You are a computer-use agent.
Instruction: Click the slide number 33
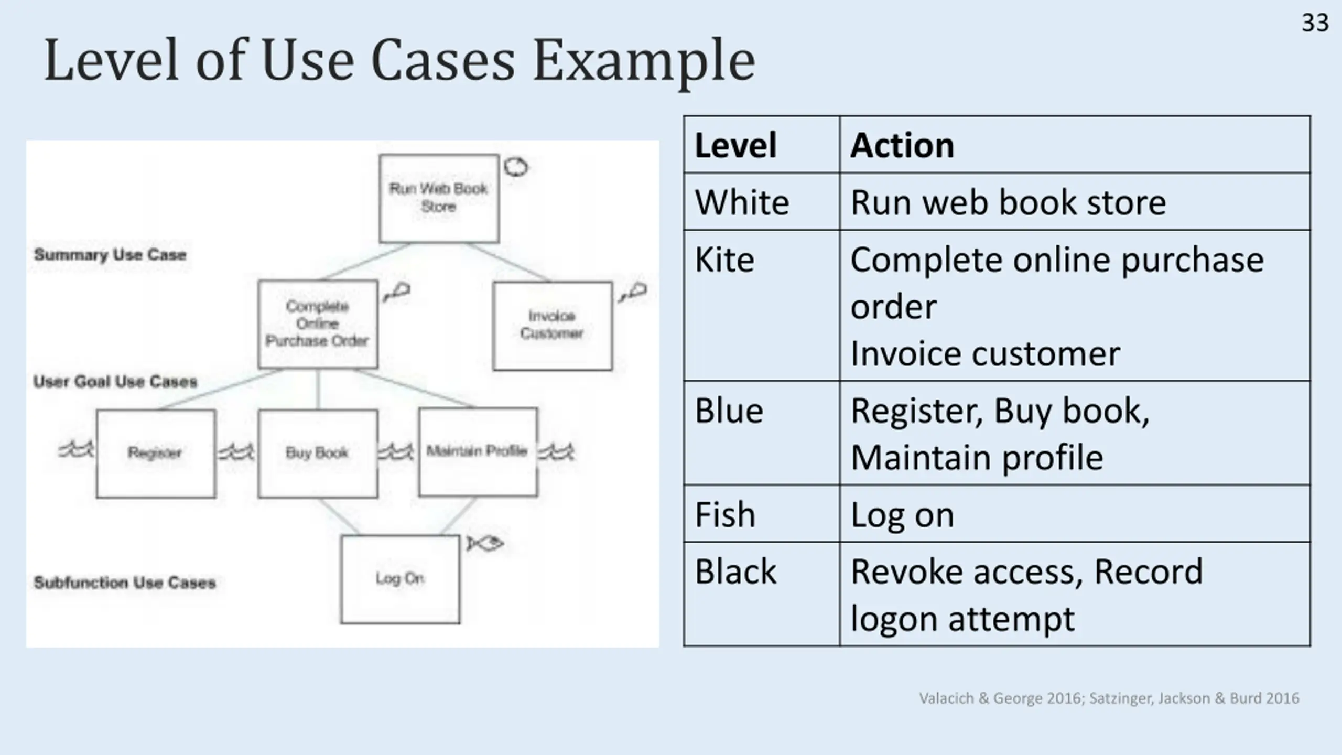point(1315,23)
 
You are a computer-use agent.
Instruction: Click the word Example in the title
point(644,62)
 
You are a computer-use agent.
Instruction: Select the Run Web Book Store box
point(439,198)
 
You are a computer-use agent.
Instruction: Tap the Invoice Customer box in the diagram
point(552,326)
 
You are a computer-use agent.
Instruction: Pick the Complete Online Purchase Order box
point(318,324)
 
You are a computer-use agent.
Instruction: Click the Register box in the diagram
point(156,453)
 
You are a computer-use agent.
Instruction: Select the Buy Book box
point(318,453)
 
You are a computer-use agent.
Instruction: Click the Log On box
point(400,579)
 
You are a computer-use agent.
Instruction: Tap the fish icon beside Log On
point(485,544)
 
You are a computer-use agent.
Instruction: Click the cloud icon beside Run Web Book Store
point(516,167)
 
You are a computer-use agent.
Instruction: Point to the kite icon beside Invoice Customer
point(633,292)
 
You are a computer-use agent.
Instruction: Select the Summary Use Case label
point(110,255)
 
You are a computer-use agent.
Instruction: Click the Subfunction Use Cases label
point(125,583)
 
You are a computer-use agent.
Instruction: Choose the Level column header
point(735,145)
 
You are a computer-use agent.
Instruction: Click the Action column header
point(902,145)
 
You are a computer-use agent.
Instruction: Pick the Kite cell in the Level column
point(724,260)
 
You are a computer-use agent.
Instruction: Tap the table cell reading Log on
point(902,515)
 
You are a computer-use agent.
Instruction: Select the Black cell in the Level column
point(735,571)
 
